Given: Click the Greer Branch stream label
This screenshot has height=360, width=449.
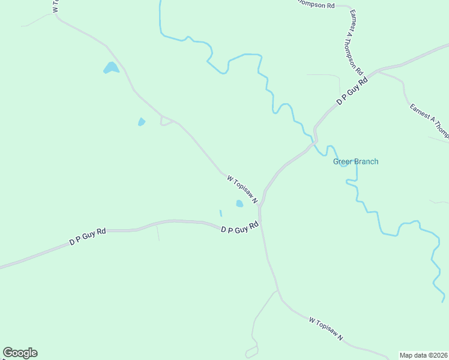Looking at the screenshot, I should click(x=356, y=161).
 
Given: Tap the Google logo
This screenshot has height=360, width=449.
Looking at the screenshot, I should click(x=20, y=353).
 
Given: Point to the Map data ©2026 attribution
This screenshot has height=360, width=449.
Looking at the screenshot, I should click(x=423, y=355).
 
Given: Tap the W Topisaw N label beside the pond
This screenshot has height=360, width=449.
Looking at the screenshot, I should click(x=243, y=189).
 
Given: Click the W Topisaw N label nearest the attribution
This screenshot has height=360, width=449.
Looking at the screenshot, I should click(x=326, y=329).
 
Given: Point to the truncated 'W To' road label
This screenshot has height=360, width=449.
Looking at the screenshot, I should click(x=55, y=6).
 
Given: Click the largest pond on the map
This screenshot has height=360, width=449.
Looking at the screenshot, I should click(x=111, y=68).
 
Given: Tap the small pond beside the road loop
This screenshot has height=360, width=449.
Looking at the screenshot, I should click(x=142, y=122).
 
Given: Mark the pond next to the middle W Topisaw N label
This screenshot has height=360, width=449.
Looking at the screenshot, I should click(x=240, y=203).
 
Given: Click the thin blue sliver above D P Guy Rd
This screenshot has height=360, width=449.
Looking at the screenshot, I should click(x=221, y=213).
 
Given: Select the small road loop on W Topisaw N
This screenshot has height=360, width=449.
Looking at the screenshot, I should click(x=166, y=121).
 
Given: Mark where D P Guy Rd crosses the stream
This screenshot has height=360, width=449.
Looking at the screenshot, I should click(x=315, y=142).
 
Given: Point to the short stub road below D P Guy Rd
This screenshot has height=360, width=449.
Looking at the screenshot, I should click(x=158, y=232).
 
